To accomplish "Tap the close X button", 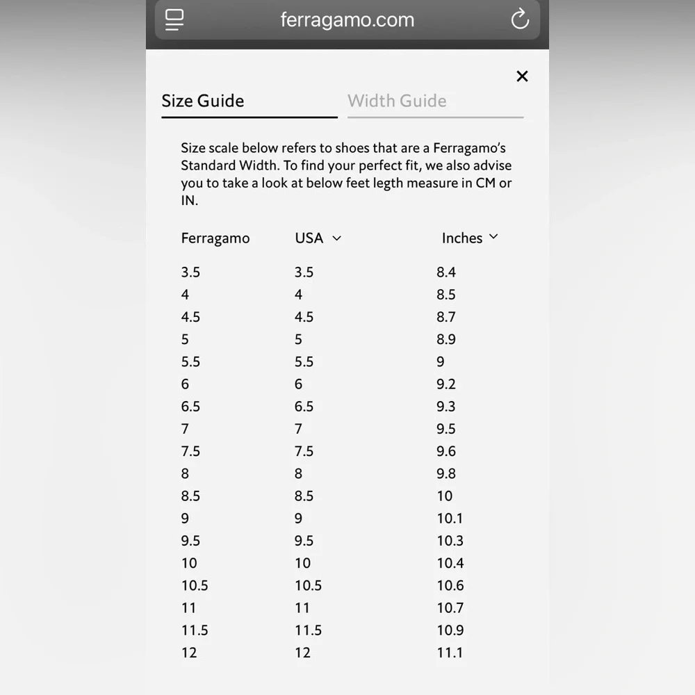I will tap(523, 76).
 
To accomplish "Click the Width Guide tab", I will tap(397, 101).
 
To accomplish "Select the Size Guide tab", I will tap(203, 101).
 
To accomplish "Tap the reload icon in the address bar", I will tap(520, 19).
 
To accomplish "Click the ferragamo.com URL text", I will tap(347, 19).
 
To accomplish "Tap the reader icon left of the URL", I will tap(174, 19).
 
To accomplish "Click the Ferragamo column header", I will tap(215, 238).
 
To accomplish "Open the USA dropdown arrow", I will tap(337, 238).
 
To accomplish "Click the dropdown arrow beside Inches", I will tap(493, 237).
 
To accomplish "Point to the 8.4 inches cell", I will tap(446, 272).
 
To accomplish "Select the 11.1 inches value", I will tap(450, 653).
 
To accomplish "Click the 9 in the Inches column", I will tap(441, 362).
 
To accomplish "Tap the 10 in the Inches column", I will tap(445, 496).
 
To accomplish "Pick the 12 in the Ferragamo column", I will tap(189, 653).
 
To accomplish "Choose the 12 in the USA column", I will tap(302, 653).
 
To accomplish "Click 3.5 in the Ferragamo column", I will tap(190, 272).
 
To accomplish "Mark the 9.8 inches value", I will tap(446, 474).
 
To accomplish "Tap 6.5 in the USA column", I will tap(304, 407).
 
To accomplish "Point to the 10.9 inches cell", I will tap(450, 630).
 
